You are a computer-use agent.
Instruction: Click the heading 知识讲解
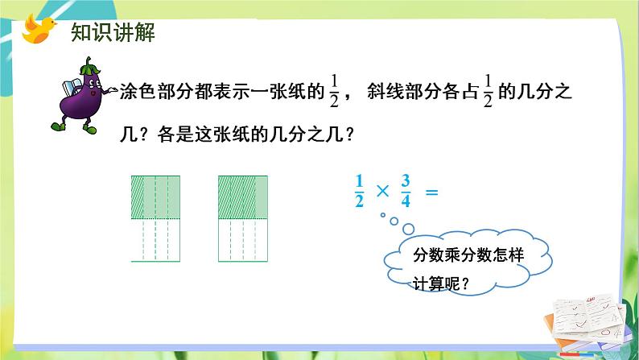click(101, 33)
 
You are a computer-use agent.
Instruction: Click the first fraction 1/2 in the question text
click(335, 93)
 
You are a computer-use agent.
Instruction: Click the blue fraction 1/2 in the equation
click(359, 193)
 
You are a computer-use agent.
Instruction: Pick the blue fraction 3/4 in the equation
click(405, 193)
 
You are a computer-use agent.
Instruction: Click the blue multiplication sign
click(382, 193)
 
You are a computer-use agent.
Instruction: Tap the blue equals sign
click(431, 193)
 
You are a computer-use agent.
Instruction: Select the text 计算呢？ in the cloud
click(441, 283)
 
